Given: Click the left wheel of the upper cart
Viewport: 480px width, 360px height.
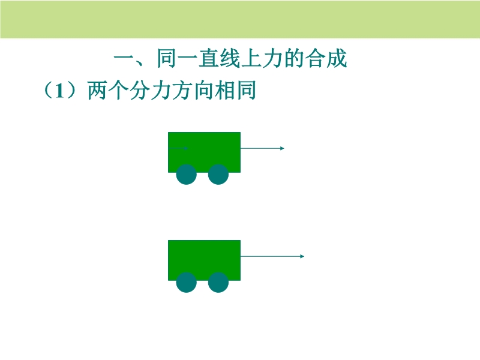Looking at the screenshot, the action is [187, 174].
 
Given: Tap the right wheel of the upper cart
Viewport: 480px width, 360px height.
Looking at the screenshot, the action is [218, 174].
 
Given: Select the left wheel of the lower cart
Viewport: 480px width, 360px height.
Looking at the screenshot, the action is [187, 282].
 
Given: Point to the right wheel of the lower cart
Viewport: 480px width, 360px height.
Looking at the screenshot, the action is [218, 282].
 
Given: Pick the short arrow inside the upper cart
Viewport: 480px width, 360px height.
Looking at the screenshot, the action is [178, 148].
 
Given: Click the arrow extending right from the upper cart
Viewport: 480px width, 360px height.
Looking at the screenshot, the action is [262, 148].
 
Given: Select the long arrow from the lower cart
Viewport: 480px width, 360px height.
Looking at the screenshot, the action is [272, 256].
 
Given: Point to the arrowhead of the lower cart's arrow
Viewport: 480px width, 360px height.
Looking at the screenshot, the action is [302, 256].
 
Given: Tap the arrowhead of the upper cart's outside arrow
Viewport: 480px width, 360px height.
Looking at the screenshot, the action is [282, 148].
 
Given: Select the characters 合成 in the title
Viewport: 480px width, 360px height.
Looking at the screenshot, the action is [326, 58].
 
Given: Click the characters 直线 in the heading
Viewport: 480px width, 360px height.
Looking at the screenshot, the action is [220, 58].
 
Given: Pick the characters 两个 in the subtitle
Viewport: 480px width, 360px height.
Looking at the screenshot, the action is [108, 91].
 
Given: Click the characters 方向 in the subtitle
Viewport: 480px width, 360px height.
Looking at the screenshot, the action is [193, 91].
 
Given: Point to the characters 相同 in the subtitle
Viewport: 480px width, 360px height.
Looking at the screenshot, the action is [235, 91].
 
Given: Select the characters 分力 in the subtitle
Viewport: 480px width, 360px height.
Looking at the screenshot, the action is [151, 91].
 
